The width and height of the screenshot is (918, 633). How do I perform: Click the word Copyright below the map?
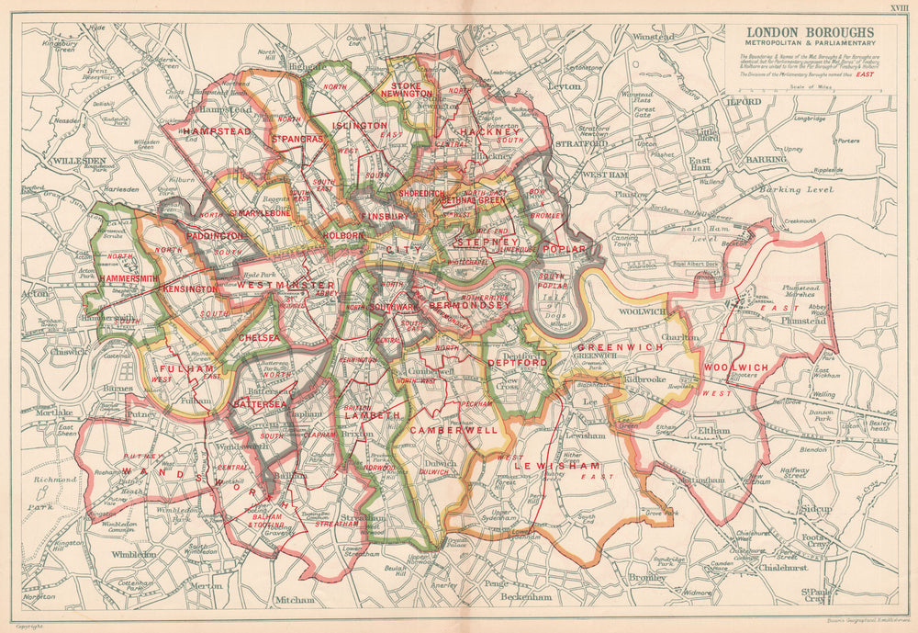(x=29, y=624)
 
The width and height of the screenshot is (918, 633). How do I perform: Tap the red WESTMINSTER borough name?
(x=286, y=286)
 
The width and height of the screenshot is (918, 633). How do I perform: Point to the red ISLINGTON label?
(x=360, y=125)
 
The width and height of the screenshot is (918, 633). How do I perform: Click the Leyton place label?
(x=565, y=86)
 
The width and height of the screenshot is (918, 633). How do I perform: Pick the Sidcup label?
(x=814, y=508)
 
